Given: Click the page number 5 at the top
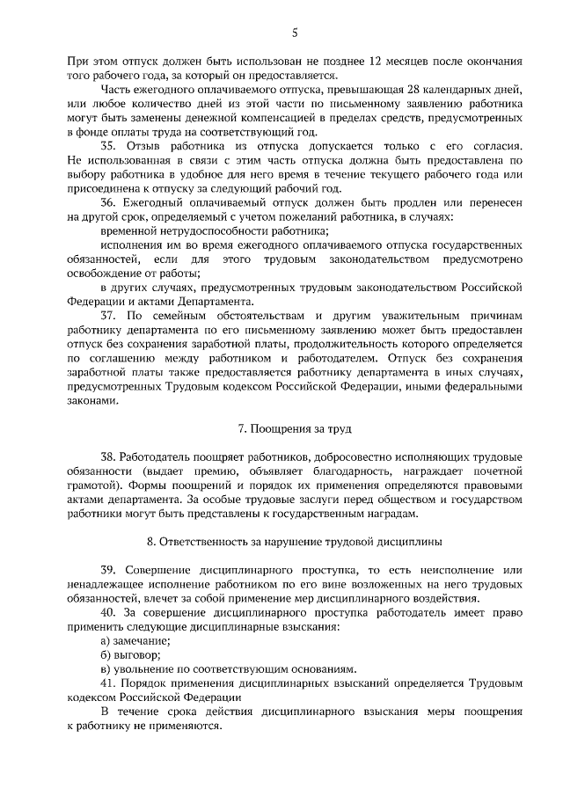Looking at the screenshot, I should [295, 33].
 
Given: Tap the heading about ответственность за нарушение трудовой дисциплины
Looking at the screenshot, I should [295, 539].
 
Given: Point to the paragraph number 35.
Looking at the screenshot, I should [108, 145].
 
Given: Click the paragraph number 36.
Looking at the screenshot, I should [108, 201].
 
